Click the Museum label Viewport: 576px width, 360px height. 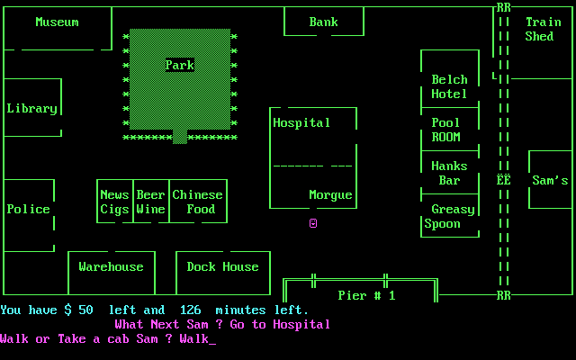pos(57,22)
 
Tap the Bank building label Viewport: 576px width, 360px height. pos(323,22)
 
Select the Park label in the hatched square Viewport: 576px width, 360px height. pos(179,65)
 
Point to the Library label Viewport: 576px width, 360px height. pos(31,108)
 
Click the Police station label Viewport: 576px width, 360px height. pos(28,209)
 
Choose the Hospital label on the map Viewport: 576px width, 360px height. pos(301,122)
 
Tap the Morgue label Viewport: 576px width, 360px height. pos(330,194)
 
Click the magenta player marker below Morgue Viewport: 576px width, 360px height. pos(313,222)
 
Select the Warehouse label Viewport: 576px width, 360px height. pos(111,266)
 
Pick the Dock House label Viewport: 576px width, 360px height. pos(222,266)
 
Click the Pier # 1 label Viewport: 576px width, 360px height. pos(366,295)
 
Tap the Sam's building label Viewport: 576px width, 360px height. pos(550,180)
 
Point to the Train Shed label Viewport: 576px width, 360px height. pos(543,29)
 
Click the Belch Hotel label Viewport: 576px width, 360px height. pos(449,86)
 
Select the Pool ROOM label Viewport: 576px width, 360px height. pos(445,130)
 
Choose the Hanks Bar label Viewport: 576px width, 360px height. pos(449,173)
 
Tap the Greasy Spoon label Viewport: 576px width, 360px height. pos(449,216)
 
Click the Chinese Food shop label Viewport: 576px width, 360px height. pos(197,202)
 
